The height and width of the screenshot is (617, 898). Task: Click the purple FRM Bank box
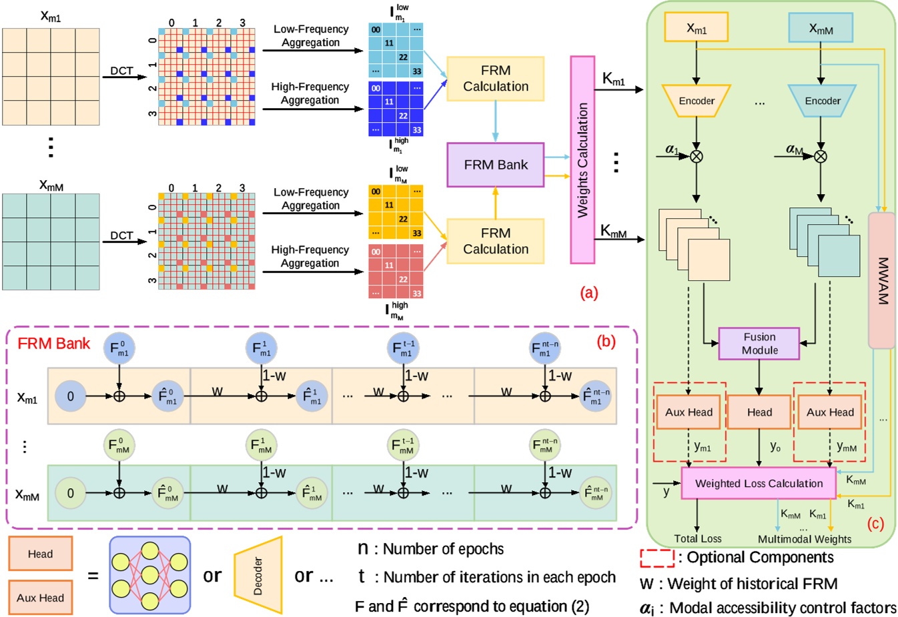[495, 165]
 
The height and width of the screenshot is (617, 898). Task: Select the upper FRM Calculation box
[495, 79]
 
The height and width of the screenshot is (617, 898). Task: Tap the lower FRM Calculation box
[495, 241]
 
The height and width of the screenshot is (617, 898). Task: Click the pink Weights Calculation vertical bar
[582, 160]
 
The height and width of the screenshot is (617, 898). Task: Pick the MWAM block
[881, 280]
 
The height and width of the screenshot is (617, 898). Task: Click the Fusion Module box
[759, 344]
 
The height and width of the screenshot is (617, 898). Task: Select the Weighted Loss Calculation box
[759, 484]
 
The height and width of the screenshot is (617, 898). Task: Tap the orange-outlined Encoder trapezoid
[697, 101]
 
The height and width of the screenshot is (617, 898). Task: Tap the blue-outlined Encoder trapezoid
[822, 101]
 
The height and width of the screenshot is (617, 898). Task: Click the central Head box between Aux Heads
[759, 412]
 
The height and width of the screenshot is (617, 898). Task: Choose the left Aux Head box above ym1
[689, 412]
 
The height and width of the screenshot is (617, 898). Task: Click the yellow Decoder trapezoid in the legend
[258, 576]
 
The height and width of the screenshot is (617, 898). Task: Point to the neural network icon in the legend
[149, 576]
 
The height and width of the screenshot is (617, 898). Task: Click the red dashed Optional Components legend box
[656, 558]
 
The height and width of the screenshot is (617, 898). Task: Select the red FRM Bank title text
[53, 344]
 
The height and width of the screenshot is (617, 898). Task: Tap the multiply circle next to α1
[697, 157]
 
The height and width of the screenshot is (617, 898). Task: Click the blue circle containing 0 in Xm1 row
[71, 396]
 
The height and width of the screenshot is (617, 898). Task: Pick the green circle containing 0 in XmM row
[71, 494]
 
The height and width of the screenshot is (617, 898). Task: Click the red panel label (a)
[589, 292]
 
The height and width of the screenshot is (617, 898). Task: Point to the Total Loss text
[697, 539]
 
